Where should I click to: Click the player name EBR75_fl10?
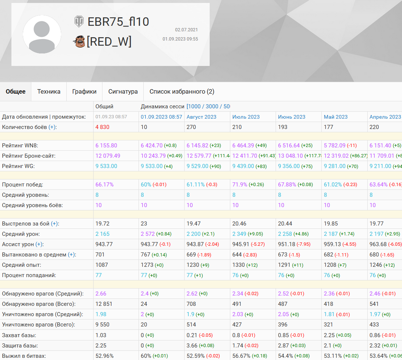(118, 22)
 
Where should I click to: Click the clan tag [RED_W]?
(109, 42)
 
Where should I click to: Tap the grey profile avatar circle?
(42, 34)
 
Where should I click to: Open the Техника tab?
(49, 91)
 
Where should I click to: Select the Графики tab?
(84, 91)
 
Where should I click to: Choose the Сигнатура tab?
(123, 91)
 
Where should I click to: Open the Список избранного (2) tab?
(182, 91)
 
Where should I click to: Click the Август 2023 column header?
(202, 117)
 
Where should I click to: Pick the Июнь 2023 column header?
(292, 117)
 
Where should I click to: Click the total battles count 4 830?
(102, 127)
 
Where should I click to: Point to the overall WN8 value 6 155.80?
(106, 146)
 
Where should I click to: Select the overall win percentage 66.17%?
(105, 185)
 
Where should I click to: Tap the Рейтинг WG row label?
(18, 166)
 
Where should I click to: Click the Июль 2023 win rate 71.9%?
(240, 185)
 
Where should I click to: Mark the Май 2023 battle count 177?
(328, 127)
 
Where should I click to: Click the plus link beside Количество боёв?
(52, 127)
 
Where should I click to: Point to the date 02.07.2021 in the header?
(186, 29)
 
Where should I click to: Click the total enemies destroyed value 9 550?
(104, 325)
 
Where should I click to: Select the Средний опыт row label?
(21, 265)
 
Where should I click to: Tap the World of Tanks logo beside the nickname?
(79, 21)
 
